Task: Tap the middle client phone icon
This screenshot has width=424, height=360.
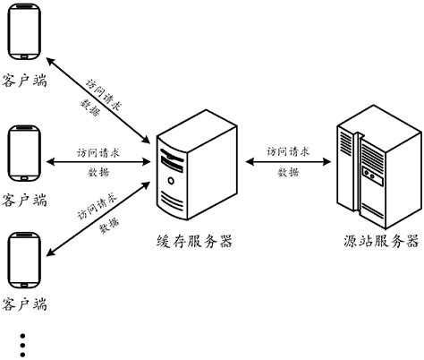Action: (23, 155)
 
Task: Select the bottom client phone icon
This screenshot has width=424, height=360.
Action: (23, 261)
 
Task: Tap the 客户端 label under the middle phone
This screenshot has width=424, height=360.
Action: (24, 198)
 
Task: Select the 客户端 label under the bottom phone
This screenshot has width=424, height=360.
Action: (24, 305)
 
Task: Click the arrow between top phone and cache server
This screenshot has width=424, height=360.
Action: (98, 99)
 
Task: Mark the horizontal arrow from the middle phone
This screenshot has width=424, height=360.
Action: (98, 163)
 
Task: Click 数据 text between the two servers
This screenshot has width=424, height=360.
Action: (288, 173)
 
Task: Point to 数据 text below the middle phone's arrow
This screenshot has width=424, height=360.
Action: (99, 174)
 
